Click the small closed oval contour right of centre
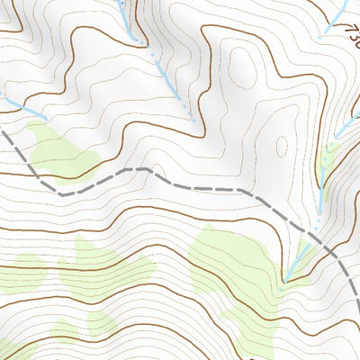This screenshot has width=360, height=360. (281, 146)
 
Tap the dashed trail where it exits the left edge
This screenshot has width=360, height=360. (3, 133)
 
